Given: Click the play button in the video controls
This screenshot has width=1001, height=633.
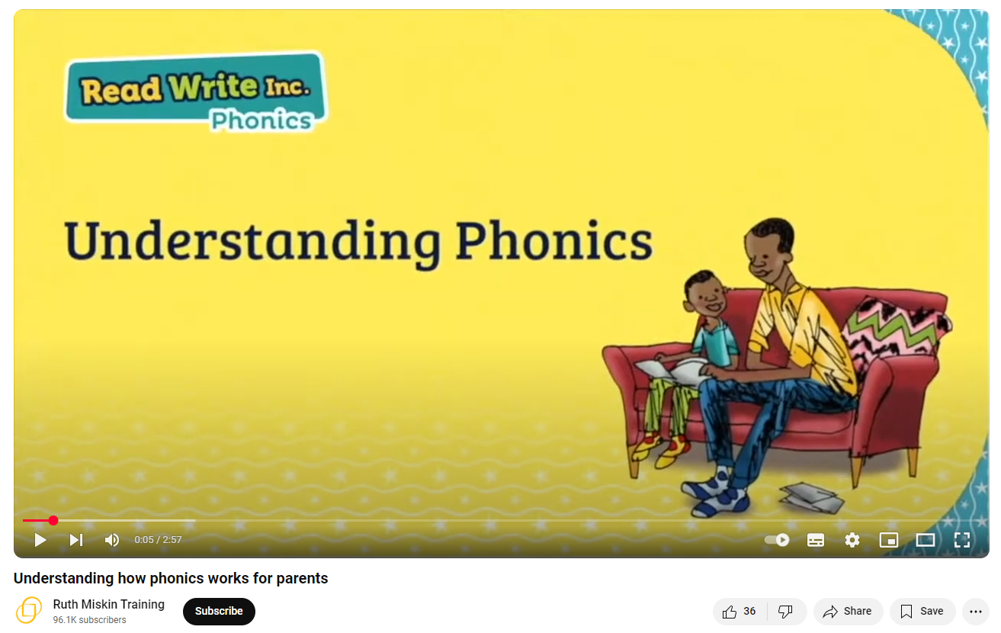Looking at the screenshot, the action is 40,540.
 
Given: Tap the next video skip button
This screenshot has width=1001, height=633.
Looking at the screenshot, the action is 76,540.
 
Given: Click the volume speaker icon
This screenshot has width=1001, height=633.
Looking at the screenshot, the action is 112,540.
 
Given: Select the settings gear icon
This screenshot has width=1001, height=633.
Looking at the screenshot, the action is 852,540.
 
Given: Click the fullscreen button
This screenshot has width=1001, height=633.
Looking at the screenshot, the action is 962,540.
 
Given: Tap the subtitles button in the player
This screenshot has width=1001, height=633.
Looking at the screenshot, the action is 816,540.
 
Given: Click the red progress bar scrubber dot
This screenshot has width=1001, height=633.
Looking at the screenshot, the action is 53,520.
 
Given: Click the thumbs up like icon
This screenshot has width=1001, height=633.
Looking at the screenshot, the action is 730,611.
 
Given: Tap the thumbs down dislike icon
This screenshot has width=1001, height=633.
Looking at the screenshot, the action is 785,611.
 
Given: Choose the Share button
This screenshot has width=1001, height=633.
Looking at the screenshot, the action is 848,611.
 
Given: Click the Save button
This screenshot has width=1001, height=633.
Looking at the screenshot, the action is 922,611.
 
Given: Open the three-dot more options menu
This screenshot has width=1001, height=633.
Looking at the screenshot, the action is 976,612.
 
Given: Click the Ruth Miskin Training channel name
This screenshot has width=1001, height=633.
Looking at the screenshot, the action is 108,604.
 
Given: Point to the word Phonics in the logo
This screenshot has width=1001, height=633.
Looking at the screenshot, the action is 261,120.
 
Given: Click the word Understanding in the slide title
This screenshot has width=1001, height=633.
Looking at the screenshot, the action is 252,242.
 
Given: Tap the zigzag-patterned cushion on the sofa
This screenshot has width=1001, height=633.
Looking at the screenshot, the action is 896,333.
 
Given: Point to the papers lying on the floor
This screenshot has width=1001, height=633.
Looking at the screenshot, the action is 811,497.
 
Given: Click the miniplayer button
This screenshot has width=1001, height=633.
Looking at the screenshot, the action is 889,540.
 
